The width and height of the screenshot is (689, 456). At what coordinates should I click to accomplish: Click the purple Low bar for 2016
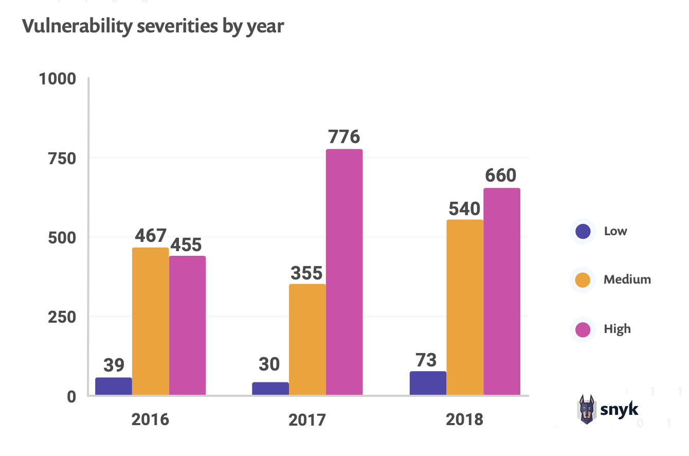[x=114, y=386]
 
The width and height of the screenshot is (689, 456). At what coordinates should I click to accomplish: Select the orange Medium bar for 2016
[x=151, y=321]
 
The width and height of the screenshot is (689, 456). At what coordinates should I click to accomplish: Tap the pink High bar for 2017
[x=344, y=272]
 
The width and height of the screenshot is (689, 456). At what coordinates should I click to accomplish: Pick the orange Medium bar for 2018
[x=465, y=307]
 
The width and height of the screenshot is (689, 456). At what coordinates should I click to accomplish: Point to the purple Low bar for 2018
[x=428, y=383]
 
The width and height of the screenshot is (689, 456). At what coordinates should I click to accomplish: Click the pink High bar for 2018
[x=502, y=291]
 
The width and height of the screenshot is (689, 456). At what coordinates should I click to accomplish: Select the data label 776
[x=344, y=137]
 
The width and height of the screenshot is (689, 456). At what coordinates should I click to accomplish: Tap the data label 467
[x=151, y=236]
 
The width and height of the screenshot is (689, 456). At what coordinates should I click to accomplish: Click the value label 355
[x=306, y=273]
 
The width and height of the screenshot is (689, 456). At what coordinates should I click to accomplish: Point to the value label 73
[x=425, y=360]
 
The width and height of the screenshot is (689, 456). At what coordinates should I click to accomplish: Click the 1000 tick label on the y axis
[x=58, y=79]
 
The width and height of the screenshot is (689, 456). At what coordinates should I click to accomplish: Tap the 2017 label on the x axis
[x=307, y=420]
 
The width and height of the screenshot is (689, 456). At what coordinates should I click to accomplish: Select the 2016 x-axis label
[x=150, y=419]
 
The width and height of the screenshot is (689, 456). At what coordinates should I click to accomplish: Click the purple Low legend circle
[x=583, y=231]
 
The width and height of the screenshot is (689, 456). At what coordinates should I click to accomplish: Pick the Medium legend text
[x=627, y=279]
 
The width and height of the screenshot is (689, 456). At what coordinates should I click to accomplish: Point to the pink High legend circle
[x=583, y=329]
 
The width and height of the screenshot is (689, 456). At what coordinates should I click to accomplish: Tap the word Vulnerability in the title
[x=77, y=27]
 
